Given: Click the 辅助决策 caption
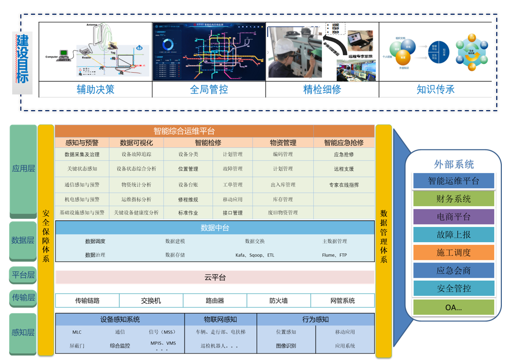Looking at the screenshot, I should pos(95,89).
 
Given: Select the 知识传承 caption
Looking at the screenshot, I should pos(435,89).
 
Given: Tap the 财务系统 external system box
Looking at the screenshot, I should pos(454,199).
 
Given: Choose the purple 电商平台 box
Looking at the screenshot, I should pos(454,216).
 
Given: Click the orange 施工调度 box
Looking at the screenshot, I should pos(454,252).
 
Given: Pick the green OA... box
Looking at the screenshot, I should pos(454,307).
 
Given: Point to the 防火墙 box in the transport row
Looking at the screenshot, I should pos(278,301).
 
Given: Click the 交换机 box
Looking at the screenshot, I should pos(151,301).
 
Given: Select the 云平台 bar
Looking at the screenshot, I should pos(215,277).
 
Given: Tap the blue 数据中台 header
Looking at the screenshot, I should pos(215,227).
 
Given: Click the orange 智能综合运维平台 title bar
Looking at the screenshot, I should pos(184,131).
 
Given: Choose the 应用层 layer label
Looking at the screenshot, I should pos(23,168).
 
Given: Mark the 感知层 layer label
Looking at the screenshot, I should pos(23,333).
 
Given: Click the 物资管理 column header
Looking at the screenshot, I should pos(283,143).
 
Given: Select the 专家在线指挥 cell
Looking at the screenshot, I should pos(344,185).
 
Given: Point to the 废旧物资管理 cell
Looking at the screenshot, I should pos(283,213).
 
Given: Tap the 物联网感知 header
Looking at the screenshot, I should pos(220,319).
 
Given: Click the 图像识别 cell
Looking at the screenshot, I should pos(286,346).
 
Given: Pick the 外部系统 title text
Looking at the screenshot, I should pos(454,164).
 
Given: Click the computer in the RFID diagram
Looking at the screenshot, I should pos(63,54).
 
